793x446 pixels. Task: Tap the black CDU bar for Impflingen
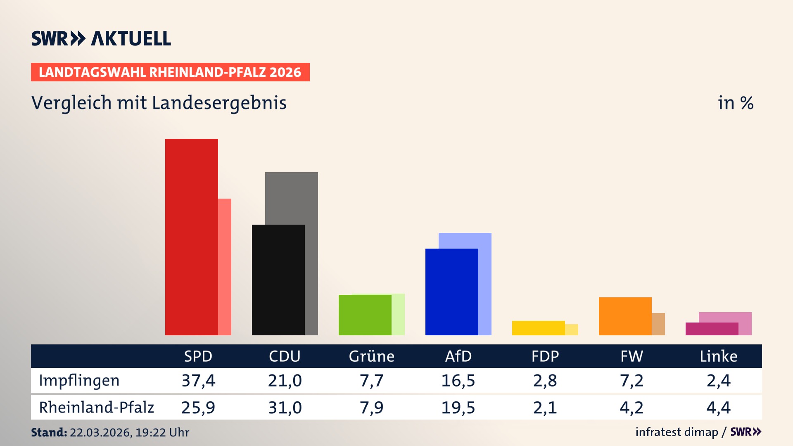(278, 280)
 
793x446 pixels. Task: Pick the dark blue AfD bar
(451, 292)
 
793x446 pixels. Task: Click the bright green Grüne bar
(365, 315)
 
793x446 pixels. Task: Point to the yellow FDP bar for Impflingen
(538, 328)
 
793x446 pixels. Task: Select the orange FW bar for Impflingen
(625, 316)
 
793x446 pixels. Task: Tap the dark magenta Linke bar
(712, 329)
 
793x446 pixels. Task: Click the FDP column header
(545, 356)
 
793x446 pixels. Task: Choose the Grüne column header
(371, 356)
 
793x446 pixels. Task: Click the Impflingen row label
(79, 380)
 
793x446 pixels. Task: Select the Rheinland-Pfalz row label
(96, 407)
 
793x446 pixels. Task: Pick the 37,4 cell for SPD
(198, 380)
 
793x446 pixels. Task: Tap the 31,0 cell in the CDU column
(285, 408)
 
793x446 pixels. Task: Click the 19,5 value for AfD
(458, 408)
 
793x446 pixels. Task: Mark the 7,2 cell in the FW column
(632, 380)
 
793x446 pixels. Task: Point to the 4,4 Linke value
(718, 408)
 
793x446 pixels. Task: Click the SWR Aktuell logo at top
(101, 38)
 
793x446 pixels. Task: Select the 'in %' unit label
(735, 103)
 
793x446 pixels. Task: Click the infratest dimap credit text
(677, 432)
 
